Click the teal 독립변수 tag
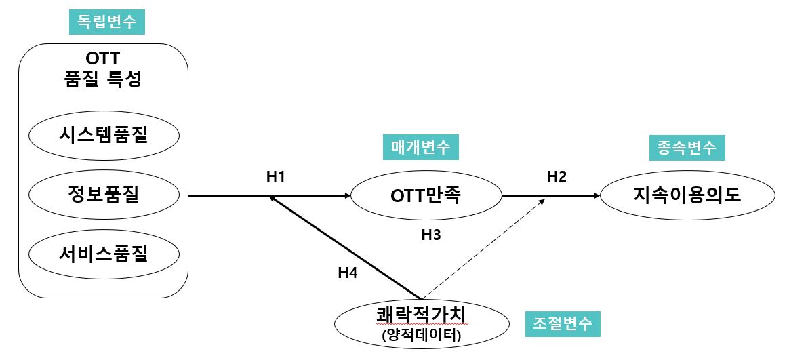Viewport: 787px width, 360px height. [x=106, y=22]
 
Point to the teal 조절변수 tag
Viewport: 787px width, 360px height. [x=563, y=324]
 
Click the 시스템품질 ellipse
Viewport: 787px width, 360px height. [x=103, y=134]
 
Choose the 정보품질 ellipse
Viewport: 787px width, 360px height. [x=103, y=195]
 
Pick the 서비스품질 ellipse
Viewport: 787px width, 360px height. [x=103, y=255]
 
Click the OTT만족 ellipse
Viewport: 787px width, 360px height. [x=426, y=196]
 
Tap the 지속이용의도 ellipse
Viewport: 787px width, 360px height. [x=687, y=196]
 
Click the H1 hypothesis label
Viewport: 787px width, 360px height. [x=275, y=177]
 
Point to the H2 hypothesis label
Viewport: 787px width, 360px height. [x=557, y=177]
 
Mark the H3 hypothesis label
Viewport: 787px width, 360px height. [x=431, y=235]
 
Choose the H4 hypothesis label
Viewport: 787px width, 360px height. [x=348, y=273]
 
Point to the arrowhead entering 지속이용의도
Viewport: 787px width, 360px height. [x=596, y=196]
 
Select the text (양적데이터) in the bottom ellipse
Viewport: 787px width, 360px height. [x=422, y=334]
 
